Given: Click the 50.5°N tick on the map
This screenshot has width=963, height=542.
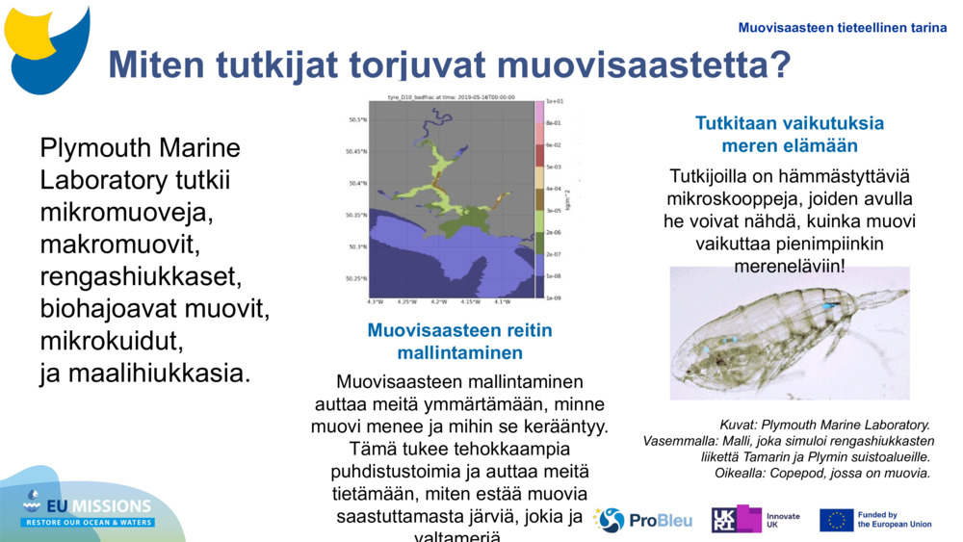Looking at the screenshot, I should click(357, 120).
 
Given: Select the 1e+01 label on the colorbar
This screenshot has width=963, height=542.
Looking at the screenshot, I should click(554, 100).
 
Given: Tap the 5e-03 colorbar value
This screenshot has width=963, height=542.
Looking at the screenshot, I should click(554, 167).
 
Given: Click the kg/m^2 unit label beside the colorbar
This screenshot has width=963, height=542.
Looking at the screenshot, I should click(570, 199).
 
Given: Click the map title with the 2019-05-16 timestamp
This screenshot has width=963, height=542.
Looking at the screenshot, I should click(452, 96).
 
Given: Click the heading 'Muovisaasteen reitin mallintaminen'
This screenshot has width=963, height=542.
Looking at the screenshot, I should click(459, 341).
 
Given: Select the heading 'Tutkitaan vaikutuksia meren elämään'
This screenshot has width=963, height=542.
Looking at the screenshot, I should click(789, 135).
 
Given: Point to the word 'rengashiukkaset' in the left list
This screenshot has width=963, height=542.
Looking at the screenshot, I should click(141, 277).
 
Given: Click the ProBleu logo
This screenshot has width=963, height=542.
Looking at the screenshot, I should click(643, 520).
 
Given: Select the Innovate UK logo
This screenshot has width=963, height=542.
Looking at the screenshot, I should click(756, 520).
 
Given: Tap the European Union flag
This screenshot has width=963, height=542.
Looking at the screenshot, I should click(836, 520).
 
